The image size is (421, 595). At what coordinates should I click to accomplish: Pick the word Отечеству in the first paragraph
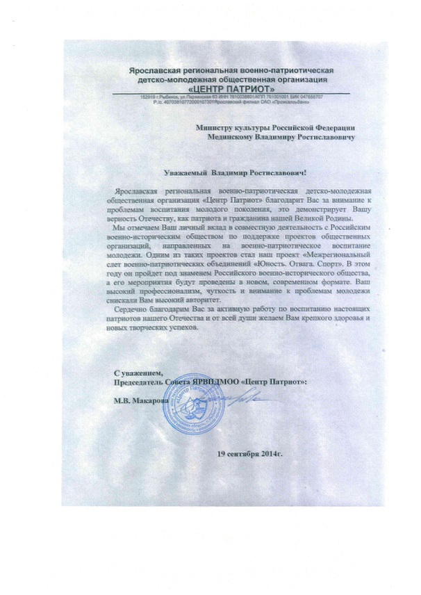pos(158,218)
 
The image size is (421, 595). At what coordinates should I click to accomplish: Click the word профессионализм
pos(165,293)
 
